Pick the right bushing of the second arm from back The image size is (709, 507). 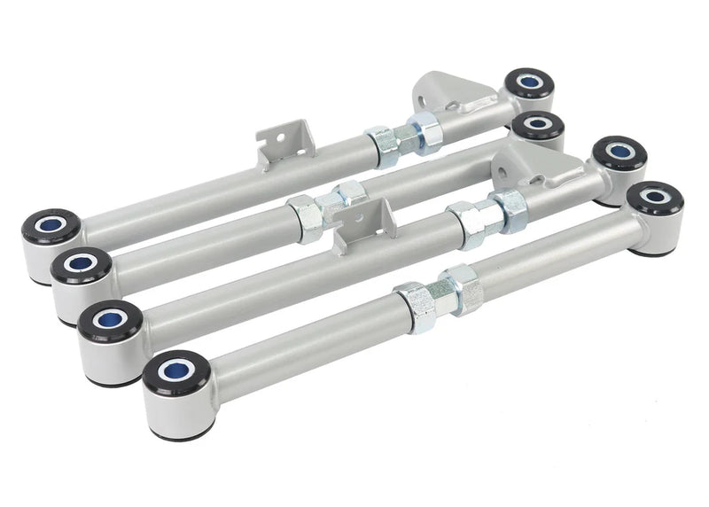[x=537, y=124]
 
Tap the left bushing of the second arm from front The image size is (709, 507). [x=110, y=319]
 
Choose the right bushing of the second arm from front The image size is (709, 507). [x=619, y=153]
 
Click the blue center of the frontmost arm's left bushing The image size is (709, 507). [x=175, y=368]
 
